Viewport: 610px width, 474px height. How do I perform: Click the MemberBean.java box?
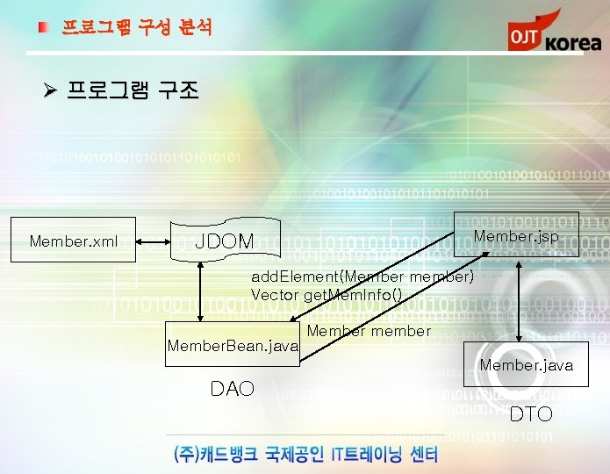coord(233,346)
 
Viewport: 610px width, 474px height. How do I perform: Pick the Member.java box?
coord(527,364)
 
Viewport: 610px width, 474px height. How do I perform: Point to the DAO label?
coord(233,388)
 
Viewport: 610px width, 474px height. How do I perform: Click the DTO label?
coord(531,413)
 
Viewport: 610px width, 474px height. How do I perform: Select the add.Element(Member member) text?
coord(362,277)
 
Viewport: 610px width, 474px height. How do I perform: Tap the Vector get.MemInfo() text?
coord(327,295)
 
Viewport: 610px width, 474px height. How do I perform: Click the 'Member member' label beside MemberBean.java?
coord(369,331)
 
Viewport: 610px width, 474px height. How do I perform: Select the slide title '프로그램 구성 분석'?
coord(136,27)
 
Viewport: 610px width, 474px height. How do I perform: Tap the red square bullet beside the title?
coord(43,28)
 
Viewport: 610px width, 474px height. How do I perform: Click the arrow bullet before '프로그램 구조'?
coord(50,90)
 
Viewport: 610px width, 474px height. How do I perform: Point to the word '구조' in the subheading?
coord(178,90)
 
